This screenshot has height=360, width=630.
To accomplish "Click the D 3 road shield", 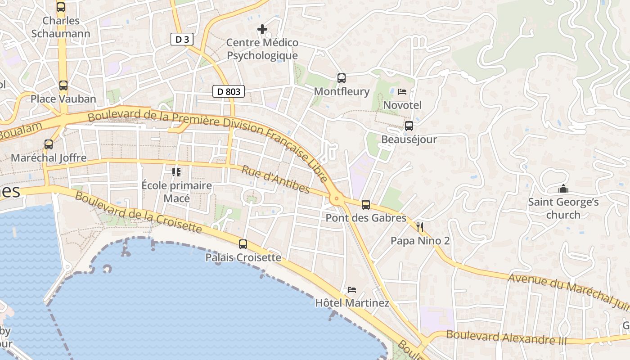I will click(x=182, y=40).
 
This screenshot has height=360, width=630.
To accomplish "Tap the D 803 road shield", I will click(x=229, y=92).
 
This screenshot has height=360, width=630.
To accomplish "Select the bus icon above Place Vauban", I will click(x=63, y=85).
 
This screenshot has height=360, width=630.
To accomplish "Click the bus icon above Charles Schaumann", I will click(x=61, y=7).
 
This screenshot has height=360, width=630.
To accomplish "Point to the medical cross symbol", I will click(x=262, y=30).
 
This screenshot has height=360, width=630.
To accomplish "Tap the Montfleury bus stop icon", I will click(x=342, y=78).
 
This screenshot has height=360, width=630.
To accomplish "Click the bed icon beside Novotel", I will click(x=402, y=92).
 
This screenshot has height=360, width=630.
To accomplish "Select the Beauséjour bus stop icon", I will click(x=409, y=126).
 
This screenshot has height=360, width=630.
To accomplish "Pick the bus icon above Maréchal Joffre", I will click(x=49, y=144).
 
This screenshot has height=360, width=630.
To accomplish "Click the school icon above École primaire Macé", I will click(x=176, y=172).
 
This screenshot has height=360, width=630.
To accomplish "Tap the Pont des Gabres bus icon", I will click(x=366, y=205).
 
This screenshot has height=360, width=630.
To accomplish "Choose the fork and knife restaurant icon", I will click(x=420, y=227).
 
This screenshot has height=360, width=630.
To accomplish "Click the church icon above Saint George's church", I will click(x=563, y=189).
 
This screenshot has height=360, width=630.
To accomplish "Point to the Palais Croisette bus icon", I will click(x=243, y=244).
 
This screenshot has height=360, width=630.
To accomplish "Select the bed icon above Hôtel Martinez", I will click(x=352, y=289).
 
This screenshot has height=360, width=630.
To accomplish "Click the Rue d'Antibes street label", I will click(x=275, y=180).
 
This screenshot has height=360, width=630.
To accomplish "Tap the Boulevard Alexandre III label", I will click(x=506, y=337).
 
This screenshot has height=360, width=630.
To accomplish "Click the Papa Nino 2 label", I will click(x=420, y=241).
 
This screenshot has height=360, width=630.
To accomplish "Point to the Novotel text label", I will click(x=402, y=105).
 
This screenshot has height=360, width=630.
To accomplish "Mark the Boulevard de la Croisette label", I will click(x=138, y=213).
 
